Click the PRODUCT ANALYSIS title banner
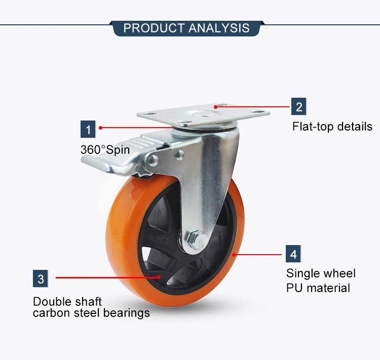pyautogui.click(x=186, y=28)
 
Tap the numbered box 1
pyautogui.click(x=88, y=129)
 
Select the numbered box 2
pyautogui.click(x=298, y=106)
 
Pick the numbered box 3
pyautogui.click(x=40, y=278)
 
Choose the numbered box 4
pyautogui.click(x=293, y=254)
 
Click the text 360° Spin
pyautogui.click(x=105, y=150)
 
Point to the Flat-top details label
pyautogui.click(x=332, y=127)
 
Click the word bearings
pyautogui.click(x=127, y=313)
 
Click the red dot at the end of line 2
pyautogui.click(x=215, y=107)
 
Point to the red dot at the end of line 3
pyautogui.click(x=159, y=277)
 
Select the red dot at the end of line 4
pyautogui.click(x=234, y=255)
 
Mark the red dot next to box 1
pyautogui.click(x=101, y=128)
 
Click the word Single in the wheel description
pyautogui.click(x=302, y=274)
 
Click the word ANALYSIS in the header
pyautogui.click(x=219, y=28)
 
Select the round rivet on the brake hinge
pyautogui.click(x=153, y=160)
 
